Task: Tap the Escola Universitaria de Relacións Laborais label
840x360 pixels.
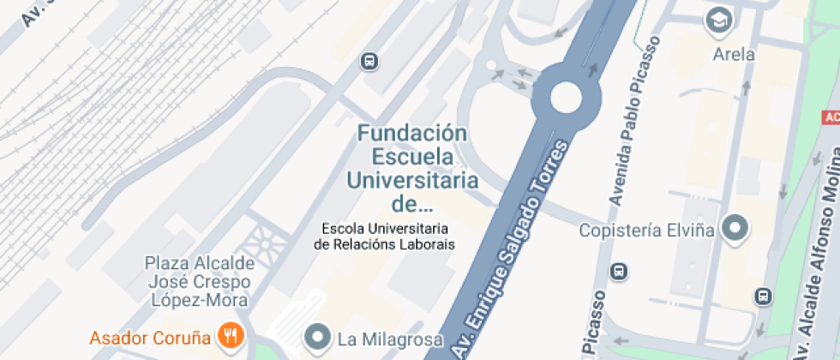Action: coord(385,237)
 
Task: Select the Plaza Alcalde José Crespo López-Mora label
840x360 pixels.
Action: coord(198,281)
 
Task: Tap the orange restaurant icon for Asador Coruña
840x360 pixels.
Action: coord(230,335)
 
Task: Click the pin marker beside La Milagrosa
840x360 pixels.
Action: coord(319,337)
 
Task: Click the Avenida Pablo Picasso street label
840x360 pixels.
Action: coord(633,120)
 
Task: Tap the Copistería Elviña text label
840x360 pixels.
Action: coord(645,231)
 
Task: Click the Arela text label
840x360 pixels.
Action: coord(734,55)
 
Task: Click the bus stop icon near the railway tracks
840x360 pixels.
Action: coord(369,61)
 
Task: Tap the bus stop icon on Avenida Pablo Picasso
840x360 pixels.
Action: coord(619,272)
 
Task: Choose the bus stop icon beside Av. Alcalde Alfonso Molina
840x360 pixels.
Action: coord(761,297)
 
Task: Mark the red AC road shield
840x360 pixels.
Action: coord(831,117)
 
